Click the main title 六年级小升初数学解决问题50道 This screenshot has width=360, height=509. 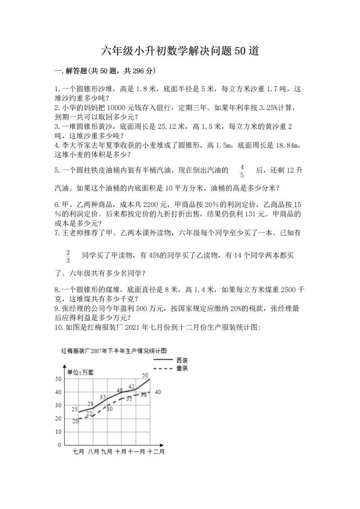[x=180, y=51]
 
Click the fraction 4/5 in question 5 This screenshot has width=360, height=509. [x=242, y=171]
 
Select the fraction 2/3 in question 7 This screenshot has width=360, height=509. [x=68, y=256]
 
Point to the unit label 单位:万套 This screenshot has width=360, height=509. [x=81, y=372]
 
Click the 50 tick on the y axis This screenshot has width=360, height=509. [x=58, y=379]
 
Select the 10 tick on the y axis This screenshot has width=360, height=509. [x=58, y=432]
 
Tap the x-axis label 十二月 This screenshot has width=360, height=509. [x=156, y=451]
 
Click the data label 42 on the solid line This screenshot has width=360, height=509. [x=131, y=386]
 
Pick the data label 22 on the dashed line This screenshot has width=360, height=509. [x=89, y=413]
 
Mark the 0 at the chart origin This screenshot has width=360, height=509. [x=59, y=445]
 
